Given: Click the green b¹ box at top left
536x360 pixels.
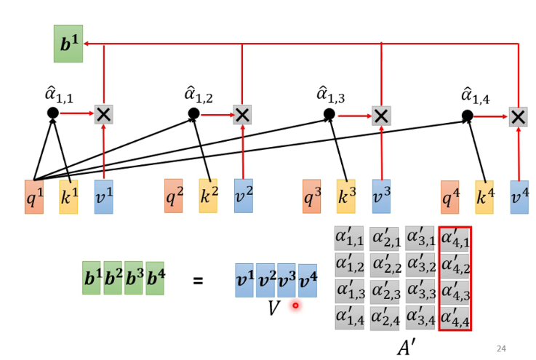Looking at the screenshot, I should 68,44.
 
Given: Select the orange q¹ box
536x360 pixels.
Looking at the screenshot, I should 34,196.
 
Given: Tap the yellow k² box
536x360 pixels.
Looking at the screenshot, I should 208,196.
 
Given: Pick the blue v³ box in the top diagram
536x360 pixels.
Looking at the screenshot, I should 381,196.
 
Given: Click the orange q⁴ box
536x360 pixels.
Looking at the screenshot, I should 450,197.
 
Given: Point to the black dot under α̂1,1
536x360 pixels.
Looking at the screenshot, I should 52,113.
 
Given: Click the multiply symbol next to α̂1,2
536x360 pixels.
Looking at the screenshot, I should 242,114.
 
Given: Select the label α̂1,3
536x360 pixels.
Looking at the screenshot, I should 331,94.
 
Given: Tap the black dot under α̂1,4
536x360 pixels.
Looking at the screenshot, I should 468,115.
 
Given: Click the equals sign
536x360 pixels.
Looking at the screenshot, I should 198,281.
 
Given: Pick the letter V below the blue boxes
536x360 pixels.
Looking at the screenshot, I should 273,308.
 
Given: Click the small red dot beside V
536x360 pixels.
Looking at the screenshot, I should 295,305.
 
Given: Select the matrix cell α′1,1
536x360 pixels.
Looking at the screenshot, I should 349,238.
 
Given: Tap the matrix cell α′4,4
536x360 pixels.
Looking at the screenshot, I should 455,317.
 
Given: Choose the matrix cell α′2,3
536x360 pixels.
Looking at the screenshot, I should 385,292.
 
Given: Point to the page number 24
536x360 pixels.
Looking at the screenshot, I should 501,349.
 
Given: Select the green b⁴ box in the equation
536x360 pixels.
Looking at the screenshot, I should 155,279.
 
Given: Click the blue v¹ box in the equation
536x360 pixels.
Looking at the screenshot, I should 244,280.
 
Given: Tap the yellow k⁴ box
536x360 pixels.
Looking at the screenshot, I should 484,197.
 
